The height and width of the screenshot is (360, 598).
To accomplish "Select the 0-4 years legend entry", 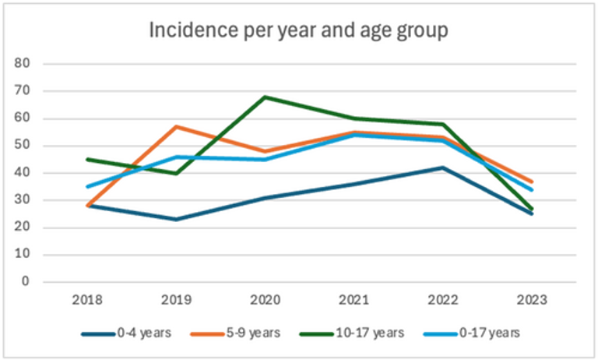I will coord(139,333).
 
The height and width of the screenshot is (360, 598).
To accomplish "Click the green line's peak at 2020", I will coord(265,97).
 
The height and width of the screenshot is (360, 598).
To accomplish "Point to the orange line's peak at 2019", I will coord(176,126).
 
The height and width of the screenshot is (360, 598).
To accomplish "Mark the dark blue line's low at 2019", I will coord(176,219).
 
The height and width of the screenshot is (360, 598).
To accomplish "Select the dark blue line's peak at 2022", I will coord(443,168).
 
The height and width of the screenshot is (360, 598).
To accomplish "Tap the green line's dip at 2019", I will coord(176,173).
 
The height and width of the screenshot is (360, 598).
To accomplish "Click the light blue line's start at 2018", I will coord(87,187).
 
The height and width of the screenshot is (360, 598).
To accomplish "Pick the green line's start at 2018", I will coord(87,159).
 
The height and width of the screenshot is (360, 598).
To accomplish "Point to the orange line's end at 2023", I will coord(532,182).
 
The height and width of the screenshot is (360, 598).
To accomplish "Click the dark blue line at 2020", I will coord(265,197).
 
